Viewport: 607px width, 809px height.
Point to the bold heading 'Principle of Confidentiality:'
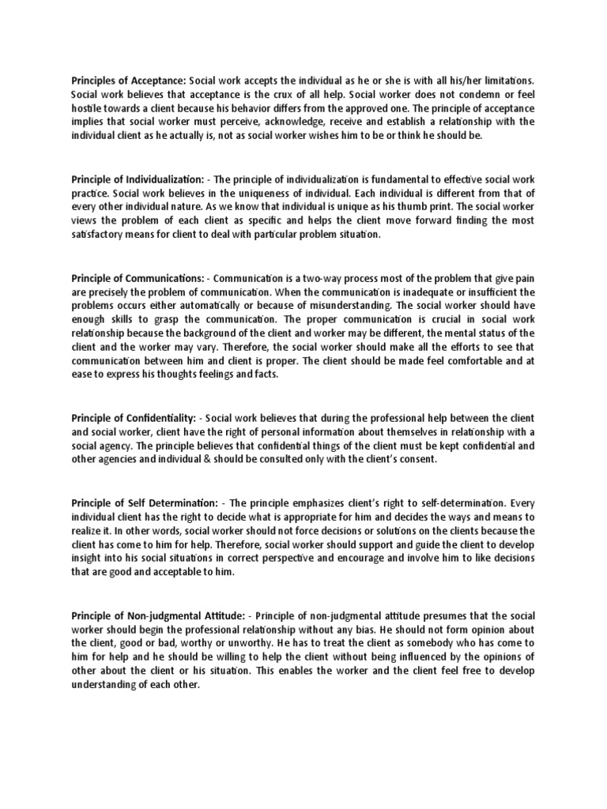point(134,416)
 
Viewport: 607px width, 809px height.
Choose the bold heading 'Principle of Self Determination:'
point(145,503)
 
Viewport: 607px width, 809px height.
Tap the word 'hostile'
point(88,108)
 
